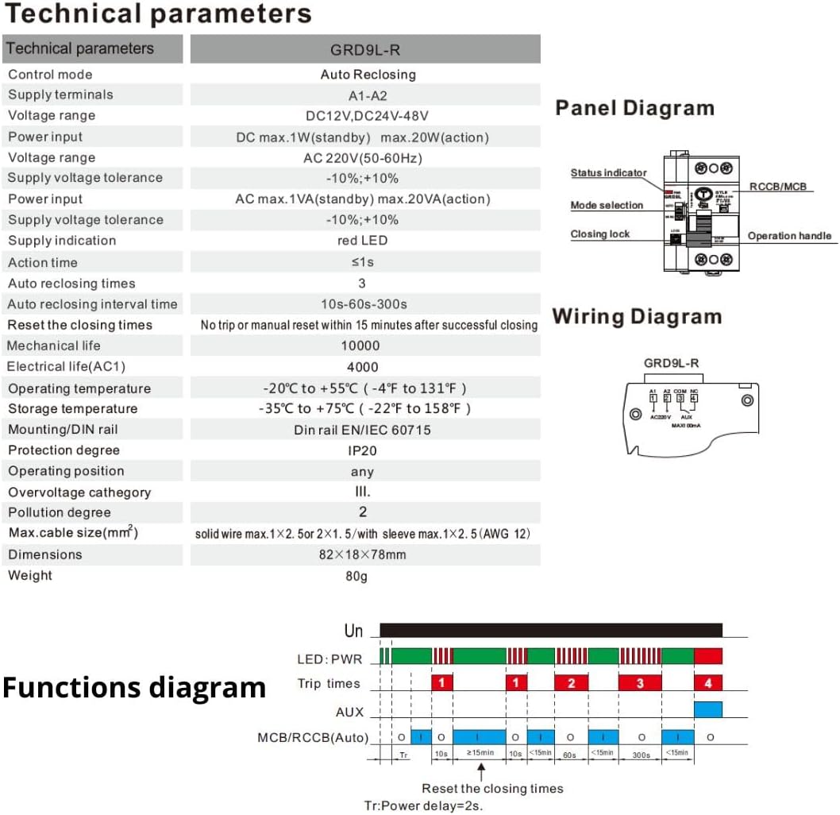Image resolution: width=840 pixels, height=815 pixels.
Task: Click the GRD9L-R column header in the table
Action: pos(364,49)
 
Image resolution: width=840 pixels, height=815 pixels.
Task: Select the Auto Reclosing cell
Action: pos(368,75)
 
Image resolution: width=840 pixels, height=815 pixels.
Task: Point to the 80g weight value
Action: pos(356,576)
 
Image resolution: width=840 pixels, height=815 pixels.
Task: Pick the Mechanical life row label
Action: pos(54,346)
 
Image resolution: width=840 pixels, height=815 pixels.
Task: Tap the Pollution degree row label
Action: pos(60,512)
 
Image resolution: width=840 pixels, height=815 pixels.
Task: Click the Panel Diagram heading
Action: pos(634,108)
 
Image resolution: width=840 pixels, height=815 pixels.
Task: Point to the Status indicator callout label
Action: pos(608,173)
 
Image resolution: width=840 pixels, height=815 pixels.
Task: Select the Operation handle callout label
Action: pos(789,236)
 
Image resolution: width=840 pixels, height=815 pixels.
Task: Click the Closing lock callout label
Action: pos(599,234)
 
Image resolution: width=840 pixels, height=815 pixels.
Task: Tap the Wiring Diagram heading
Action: pos(637,317)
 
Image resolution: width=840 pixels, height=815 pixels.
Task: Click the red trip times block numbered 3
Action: pos(640,683)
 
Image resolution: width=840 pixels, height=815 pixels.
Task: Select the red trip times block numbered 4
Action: pos(707,683)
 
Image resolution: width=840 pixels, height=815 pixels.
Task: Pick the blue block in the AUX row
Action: pos(707,709)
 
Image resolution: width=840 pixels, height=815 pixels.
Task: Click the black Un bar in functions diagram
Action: pos(551,631)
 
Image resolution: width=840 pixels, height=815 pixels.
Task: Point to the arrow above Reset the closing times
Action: pos(481,770)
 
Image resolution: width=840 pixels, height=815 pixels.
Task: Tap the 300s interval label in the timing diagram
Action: pos(640,755)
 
